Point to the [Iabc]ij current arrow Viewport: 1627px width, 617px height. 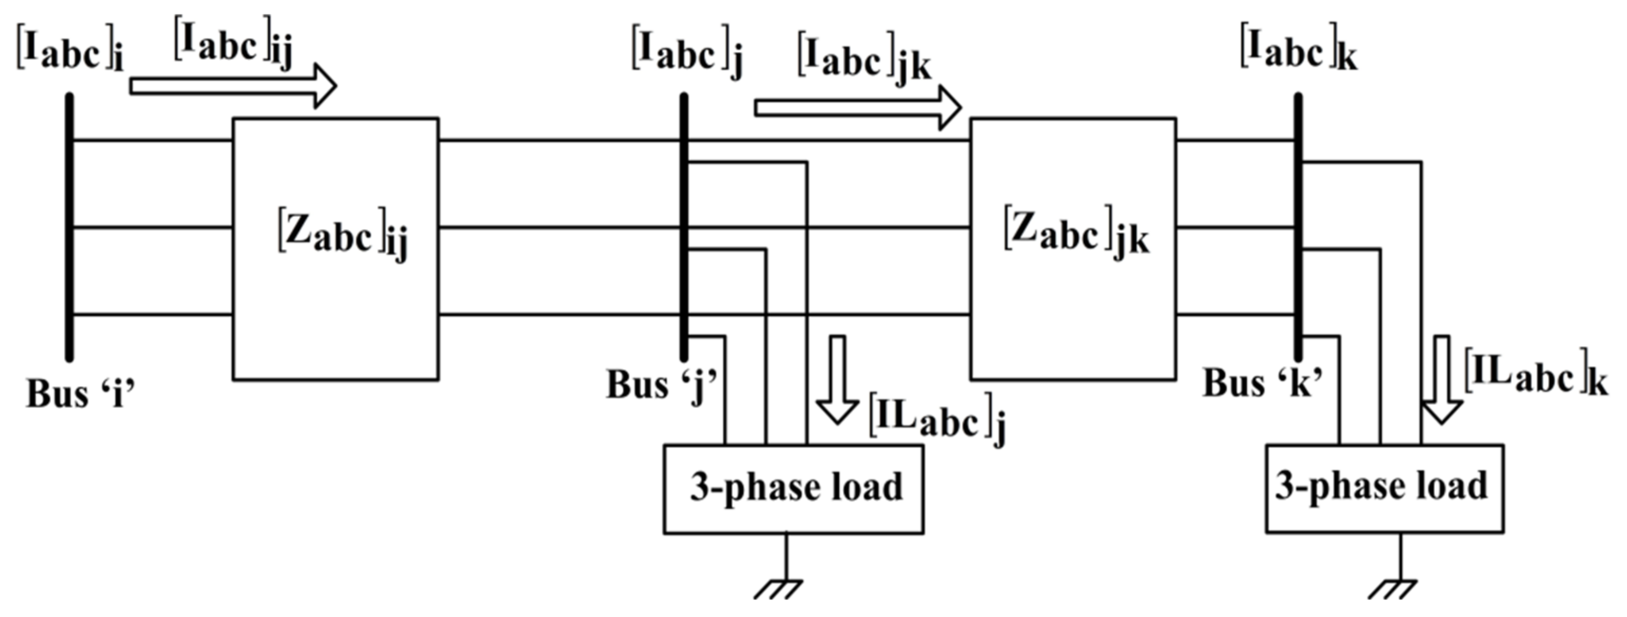coord(233,86)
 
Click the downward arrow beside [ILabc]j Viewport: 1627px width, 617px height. coord(837,379)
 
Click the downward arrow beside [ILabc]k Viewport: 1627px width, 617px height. coord(1442,379)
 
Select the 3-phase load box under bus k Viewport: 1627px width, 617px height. coord(1385,487)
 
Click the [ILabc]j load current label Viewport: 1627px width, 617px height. coord(937,420)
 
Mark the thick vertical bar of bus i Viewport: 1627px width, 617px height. coord(70,228)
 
